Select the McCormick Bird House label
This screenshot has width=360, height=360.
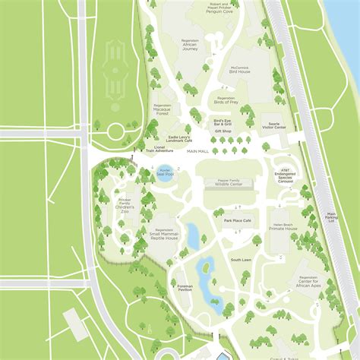click(x=239, y=71)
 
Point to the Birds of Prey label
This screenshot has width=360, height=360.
click(x=226, y=100)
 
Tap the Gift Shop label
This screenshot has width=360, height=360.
click(x=223, y=131)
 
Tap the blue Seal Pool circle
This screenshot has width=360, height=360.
click(x=165, y=174)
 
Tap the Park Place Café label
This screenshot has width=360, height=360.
click(x=237, y=219)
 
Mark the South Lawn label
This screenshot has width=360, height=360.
click(x=241, y=260)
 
